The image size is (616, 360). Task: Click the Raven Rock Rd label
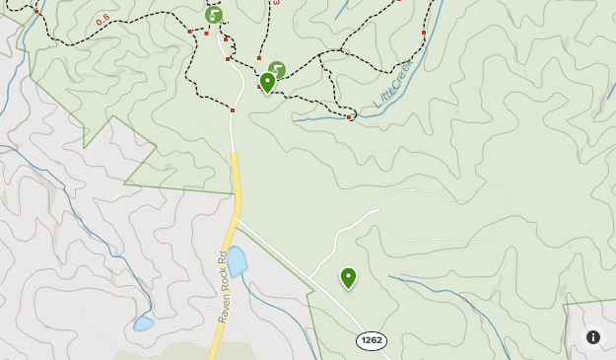[x=224, y=287]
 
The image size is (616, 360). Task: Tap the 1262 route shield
[x=372, y=340]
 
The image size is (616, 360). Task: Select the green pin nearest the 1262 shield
[x=348, y=278]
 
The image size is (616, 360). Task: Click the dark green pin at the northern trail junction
[x=267, y=82]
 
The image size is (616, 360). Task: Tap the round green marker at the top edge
[x=214, y=15]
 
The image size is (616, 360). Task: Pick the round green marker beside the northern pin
[x=277, y=70]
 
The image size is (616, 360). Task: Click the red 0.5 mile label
[x=103, y=20]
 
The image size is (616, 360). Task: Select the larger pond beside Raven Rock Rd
[x=237, y=261]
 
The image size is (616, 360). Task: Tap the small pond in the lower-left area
[x=144, y=323]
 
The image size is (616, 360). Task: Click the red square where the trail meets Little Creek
[x=349, y=118]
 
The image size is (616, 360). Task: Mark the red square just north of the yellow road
[x=232, y=110]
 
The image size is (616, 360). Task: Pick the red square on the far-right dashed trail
[x=423, y=33]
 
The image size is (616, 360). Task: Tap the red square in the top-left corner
[x=36, y=11]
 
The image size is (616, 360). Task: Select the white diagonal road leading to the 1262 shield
[x=296, y=271]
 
